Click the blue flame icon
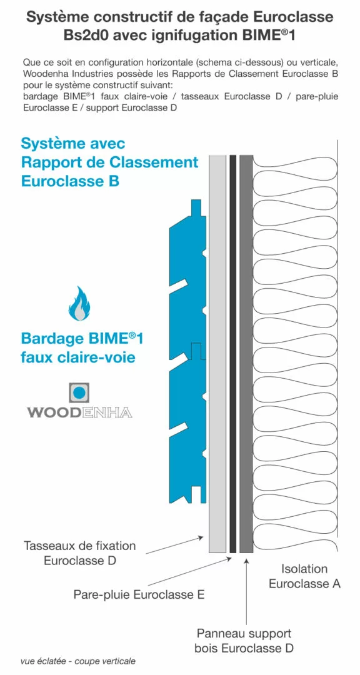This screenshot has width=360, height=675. (x=79, y=304)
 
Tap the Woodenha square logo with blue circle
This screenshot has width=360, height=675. (x=79, y=393)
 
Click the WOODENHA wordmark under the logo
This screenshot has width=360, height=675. (x=80, y=412)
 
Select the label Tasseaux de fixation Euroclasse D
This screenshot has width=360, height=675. (x=79, y=553)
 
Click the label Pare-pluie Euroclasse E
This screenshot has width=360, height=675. (x=139, y=594)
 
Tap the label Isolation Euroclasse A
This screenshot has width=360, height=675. (x=304, y=576)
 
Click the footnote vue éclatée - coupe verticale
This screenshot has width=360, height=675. (x=77, y=661)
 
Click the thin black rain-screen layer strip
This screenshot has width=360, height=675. (x=232, y=350)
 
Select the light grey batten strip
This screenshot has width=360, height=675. (x=217, y=350)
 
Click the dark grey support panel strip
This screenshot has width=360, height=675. (x=246, y=350)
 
